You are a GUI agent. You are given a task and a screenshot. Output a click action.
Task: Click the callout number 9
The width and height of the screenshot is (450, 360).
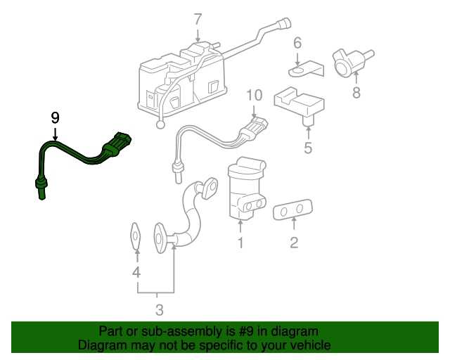(x=55, y=117)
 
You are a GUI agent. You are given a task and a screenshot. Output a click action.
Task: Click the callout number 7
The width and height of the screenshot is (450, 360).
(x=198, y=19)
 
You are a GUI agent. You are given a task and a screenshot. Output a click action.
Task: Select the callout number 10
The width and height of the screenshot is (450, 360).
(x=254, y=95)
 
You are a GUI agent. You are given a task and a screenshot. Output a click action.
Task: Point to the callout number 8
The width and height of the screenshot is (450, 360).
(x=356, y=92)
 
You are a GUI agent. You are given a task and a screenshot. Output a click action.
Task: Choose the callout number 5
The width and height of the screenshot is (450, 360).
(x=307, y=148)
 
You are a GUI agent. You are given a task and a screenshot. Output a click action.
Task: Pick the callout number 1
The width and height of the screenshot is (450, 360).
(x=240, y=243)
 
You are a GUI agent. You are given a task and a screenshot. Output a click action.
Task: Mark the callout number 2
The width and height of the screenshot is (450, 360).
(x=294, y=243)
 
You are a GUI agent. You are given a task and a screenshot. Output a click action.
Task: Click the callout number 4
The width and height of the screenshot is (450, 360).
(x=136, y=272)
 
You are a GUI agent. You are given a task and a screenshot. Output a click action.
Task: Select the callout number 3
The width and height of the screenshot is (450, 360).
(x=159, y=309)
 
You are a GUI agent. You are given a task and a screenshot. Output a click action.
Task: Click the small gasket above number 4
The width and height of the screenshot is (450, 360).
(x=136, y=236)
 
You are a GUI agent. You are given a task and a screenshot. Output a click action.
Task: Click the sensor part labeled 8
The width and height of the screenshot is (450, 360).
(x=349, y=61)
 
